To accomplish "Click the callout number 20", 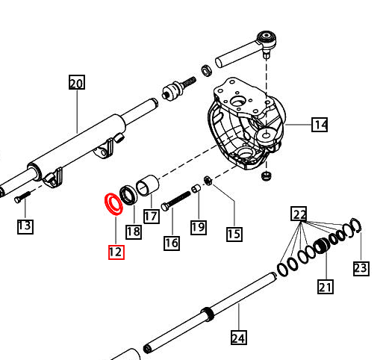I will pyautogui.click(x=77, y=83).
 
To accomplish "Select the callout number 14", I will pyautogui.click(x=320, y=125).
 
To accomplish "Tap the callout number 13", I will pyautogui.click(x=25, y=226).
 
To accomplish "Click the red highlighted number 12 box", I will pyautogui.click(x=115, y=252).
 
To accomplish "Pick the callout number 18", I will pyautogui.click(x=133, y=232).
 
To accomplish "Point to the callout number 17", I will pyautogui.click(x=152, y=217).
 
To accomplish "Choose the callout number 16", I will pyautogui.click(x=172, y=242).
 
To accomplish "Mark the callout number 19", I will pyautogui.click(x=198, y=226).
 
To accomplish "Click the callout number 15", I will pyautogui.click(x=234, y=234).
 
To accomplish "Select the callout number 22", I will pyautogui.click(x=299, y=215).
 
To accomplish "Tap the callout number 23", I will pyautogui.click(x=361, y=267).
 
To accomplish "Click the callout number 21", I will pyautogui.click(x=325, y=285).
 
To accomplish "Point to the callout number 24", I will pyautogui.click(x=238, y=338).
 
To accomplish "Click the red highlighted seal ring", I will pyautogui.click(x=112, y=202).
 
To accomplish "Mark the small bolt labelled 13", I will pyautogui.click(x=21, y=196).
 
